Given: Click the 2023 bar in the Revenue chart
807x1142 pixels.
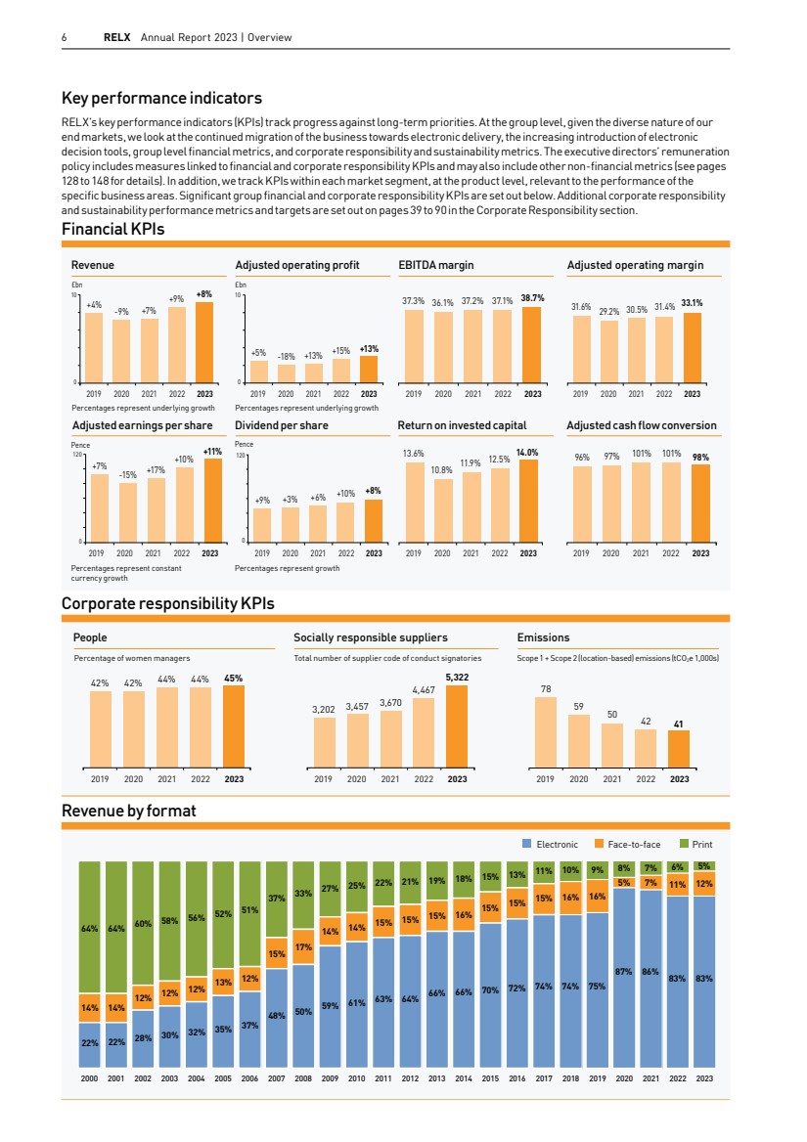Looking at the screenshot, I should [x=204, y=342].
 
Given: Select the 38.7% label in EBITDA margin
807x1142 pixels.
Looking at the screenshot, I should [x=533, y=297].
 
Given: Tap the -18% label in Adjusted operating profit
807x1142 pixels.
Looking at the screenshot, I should [x=287, y=357].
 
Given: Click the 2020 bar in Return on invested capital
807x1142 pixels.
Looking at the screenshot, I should [x=442, y=509].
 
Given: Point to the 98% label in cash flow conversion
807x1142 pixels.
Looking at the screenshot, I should [x=700, y=457].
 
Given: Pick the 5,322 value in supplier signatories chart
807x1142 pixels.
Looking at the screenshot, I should [x=457, y=677].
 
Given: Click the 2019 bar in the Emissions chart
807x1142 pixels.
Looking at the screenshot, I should [x=546, y=729].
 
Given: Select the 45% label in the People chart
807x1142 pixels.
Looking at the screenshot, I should [x=234, y=678].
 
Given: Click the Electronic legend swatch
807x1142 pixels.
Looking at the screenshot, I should [x=526, y=844].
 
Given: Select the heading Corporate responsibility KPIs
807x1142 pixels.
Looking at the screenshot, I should [x=167, y=604].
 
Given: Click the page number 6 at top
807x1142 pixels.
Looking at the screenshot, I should [x=65, y=38].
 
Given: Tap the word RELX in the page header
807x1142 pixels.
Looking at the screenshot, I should [x=118, y=38].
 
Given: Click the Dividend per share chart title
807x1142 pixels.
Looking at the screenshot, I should [x=282, y=425].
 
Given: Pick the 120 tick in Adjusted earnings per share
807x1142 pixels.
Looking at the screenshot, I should [x=76, y=456].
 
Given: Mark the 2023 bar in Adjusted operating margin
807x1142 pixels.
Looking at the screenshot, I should [x=692, y=347].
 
